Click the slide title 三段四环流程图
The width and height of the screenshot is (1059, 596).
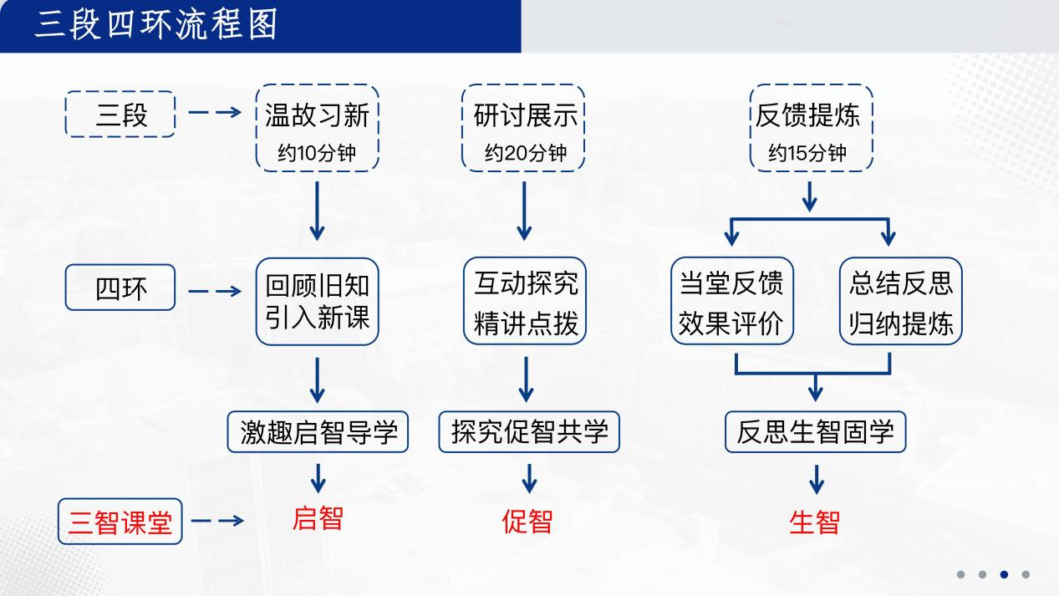click(x=156, y=25)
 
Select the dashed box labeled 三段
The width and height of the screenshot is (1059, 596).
click(x=120, y=115)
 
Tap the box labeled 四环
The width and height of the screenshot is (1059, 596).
click(x=120, y=288)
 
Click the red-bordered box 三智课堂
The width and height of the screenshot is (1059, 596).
click(x=120, y=521)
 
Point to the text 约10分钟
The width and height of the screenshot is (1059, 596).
click(x=317, y=153)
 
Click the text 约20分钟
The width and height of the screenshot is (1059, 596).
click(x=525, y=153)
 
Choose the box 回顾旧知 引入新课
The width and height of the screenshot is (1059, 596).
click(x=317, y=301)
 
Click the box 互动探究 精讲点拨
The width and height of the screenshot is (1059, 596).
click(x=525, y=301)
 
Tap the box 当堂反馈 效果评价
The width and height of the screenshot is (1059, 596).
click(x=731, y=301)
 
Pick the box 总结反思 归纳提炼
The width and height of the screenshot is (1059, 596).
click(x=901, y=301)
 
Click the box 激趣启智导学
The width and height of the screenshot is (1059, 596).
click(x=318, y=432)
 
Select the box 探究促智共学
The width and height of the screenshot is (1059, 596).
click(x=529, y=432)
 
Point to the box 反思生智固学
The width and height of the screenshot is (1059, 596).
click(x=815, y=432)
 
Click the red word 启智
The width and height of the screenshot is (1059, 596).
click(x=318, y=519)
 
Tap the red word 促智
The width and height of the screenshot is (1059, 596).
click(x=527, y=522)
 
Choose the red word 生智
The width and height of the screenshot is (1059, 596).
click(x=814, y=522)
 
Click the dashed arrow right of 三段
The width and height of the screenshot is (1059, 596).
click(x=215, y=113)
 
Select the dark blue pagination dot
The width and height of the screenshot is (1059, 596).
click(x=1004, y=574)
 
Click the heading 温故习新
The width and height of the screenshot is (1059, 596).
click(x=317, y=115)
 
